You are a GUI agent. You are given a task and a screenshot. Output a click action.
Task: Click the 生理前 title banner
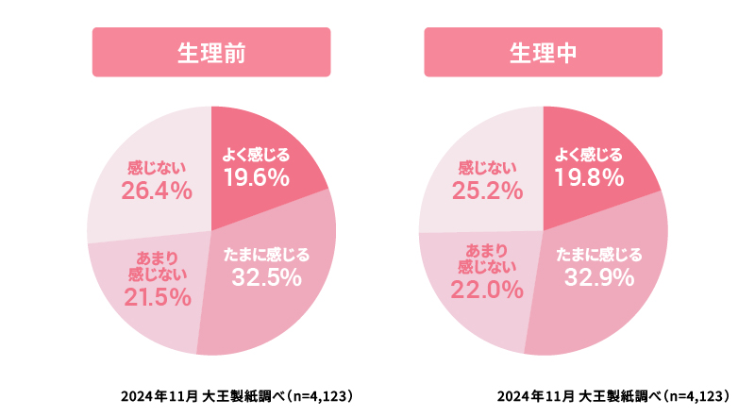tap(211, 52)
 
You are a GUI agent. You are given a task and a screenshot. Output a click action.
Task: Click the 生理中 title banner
tap(543, 52)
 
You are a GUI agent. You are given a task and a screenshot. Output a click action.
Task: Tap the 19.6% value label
tap(256, 177)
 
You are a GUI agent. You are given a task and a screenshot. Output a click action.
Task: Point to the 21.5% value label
tap(158, 298)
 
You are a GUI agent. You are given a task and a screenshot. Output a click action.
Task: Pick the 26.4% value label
tap(157, 191)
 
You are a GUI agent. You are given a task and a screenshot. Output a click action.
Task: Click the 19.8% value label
tap(588, 177)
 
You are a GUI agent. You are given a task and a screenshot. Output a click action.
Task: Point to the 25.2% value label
tap(489, 191)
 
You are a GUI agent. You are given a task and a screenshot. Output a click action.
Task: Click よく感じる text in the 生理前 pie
tap(256, 155)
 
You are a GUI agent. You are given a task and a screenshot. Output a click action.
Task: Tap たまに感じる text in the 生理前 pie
tap(266, 254)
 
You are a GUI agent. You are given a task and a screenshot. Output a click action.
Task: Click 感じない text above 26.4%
tap(157, 168)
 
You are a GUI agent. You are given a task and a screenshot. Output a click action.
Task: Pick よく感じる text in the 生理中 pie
tap(588, 155)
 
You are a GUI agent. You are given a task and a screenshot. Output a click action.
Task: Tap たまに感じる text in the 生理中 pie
tap(598, 254)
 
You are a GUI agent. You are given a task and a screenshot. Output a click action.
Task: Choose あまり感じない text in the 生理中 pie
tap(490, 258)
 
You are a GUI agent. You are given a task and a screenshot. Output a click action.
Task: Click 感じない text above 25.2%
tap(489, 168)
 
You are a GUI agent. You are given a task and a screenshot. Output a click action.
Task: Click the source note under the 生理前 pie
tap(236, 395)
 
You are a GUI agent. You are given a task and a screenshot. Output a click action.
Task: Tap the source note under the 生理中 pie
tap(613, 395)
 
